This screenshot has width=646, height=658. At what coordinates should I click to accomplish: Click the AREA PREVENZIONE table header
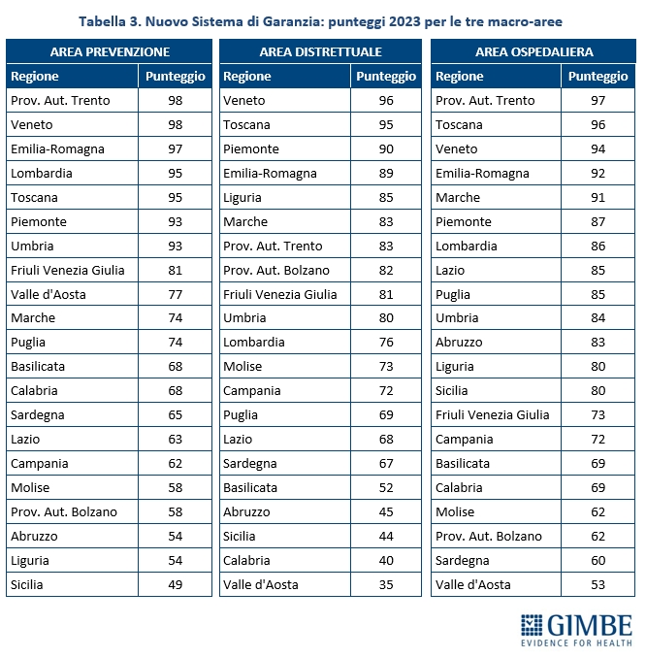click(x=110, y=51)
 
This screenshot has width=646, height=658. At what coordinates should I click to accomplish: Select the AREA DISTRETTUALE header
click(x=320, y=51)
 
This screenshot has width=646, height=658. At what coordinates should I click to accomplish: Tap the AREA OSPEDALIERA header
click(x=533, y=51)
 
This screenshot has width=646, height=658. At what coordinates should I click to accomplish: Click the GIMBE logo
click(x=576, y=628)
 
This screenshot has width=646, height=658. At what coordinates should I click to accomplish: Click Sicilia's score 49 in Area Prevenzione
click(x=175, y=584)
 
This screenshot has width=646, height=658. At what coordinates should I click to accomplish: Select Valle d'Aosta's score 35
click(x=386, y=584)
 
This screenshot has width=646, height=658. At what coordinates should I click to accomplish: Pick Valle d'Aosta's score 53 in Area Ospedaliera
click(x=598, y=584)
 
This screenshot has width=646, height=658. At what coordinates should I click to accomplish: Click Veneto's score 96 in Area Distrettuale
click(x=386, y=100)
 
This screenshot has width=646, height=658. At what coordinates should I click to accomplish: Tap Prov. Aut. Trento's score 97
click(x=598, y=100)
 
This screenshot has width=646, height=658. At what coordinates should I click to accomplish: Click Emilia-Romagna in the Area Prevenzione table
click(x=57, y=148)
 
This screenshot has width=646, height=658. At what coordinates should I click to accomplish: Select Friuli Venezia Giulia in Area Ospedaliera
click(x=493, y=414)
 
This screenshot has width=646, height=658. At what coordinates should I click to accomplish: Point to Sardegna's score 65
click(x=175, y=414)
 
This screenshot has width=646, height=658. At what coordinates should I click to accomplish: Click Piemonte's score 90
click(x=386, y=148)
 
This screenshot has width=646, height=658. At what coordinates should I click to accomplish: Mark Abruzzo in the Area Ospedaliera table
click(x=460, y=342)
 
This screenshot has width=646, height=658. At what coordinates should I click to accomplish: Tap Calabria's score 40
click(x=386, y=560)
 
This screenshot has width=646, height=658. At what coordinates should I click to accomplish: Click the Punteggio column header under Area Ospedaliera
click(x=598, y=76)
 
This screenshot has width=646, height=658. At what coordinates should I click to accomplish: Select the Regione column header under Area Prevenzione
click(x=35, y=76)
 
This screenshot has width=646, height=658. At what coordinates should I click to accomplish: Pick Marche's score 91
click(x=598, y=197)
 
